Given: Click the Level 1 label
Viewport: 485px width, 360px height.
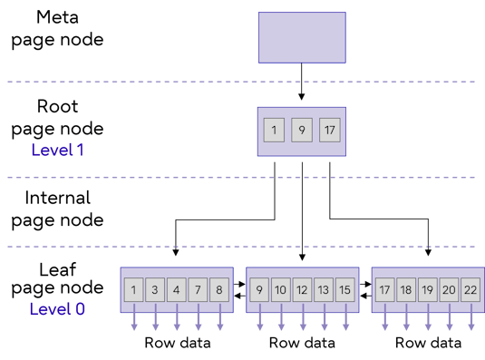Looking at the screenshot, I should pos(57,150).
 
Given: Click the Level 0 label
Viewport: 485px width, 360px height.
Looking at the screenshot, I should pos(57,309).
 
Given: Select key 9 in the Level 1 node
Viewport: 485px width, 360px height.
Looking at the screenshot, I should pos(302,131).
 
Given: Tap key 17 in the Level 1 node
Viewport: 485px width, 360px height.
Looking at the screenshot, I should pos(329,131).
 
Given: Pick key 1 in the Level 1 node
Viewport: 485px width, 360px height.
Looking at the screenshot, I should pos(274,131).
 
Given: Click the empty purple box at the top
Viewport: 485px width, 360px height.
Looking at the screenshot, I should pos(301,37).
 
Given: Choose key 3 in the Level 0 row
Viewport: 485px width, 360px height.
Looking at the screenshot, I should pos(155,290).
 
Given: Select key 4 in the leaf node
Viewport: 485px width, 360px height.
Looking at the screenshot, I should pos(177,290).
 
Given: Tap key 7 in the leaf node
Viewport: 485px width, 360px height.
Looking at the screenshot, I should pos(198,290).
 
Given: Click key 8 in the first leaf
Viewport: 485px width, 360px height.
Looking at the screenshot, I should pos(219,290).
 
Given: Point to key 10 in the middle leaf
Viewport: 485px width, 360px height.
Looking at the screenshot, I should pos(281,290).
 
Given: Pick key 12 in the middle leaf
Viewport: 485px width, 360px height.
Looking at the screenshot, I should pos(303,290).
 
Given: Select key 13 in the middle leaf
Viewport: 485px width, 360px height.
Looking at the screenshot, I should pos(324,290).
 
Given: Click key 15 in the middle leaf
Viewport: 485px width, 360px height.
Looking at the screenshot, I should pos(344,290).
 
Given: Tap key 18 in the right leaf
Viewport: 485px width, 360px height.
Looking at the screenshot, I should pos(406,290).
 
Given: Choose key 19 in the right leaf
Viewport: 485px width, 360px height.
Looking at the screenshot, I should pos(428,290).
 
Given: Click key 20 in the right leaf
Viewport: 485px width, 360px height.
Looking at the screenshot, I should pos(449,290).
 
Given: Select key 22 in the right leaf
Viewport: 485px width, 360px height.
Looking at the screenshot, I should pos(470,290).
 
